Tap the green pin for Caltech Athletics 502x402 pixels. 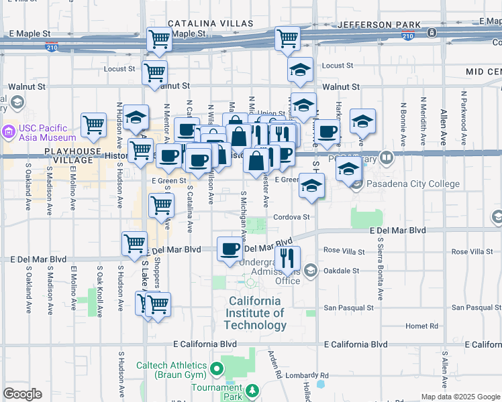[217, 369]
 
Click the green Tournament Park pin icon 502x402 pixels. [252, 391]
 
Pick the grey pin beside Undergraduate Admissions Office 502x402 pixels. [310, 270]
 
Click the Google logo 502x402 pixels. [22, 394]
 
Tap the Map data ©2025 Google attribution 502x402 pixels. [460, 397]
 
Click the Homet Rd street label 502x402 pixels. [422, 326]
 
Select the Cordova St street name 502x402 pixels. [291, 217]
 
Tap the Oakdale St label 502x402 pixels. [342, 271]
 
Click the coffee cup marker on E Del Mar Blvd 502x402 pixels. [230, 249]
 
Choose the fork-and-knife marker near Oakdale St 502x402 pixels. [288, 258]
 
